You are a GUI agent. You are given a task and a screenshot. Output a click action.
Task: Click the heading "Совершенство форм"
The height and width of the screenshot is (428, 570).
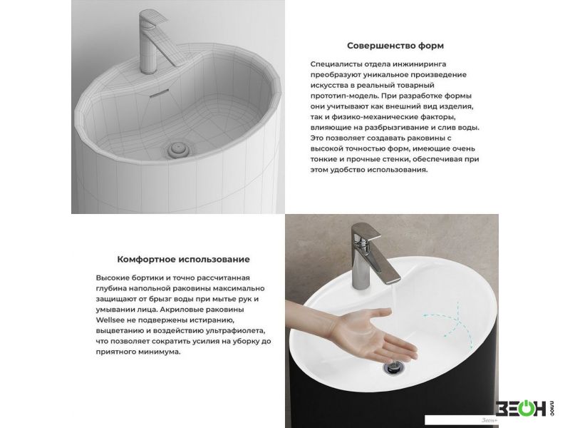395,46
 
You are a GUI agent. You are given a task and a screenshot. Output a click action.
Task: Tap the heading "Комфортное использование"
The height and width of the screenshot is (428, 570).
183,260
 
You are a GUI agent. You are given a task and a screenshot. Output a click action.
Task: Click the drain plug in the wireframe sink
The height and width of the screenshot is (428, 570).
178,149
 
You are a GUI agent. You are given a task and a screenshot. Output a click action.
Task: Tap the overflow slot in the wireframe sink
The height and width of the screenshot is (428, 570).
158,93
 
